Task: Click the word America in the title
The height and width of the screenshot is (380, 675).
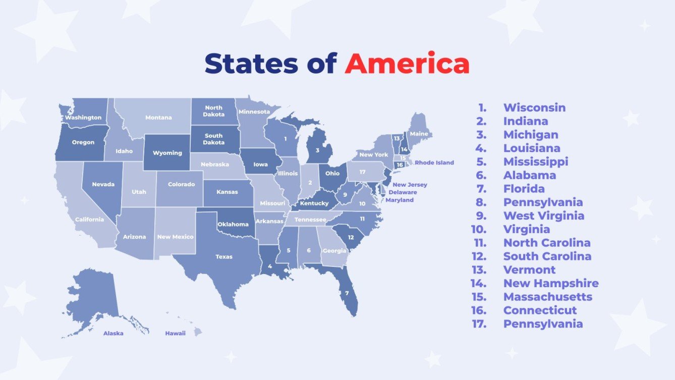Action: point(407,64)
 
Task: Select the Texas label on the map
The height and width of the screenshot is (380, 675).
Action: point(224,257)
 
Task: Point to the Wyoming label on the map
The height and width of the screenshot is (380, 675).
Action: point(167,153)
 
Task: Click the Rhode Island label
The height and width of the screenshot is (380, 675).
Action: point(434,162)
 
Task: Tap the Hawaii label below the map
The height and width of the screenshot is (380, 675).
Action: point(176,333)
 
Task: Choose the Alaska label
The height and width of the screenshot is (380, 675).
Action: point(114,333)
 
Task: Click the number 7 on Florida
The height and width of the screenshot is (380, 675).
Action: point(347,293)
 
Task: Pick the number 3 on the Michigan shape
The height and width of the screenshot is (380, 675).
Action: point(317,150)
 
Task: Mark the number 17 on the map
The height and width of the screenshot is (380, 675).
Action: point(362,172)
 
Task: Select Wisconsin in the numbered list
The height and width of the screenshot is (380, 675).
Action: point(534,107)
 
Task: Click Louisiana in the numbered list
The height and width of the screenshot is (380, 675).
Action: point(532,148)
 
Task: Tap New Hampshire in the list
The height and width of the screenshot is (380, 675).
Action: point(551,283)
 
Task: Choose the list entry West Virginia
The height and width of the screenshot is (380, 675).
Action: point(544,215)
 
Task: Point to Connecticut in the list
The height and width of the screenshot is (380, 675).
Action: point(540,310)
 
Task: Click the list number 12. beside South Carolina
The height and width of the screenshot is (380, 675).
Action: point(480,256)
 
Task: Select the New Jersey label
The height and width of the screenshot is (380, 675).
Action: point(410,185)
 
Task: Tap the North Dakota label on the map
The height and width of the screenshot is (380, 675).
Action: point(213,111)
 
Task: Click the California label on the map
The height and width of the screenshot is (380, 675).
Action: point(89,220)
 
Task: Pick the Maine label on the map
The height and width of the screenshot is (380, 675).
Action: point(419,134)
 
